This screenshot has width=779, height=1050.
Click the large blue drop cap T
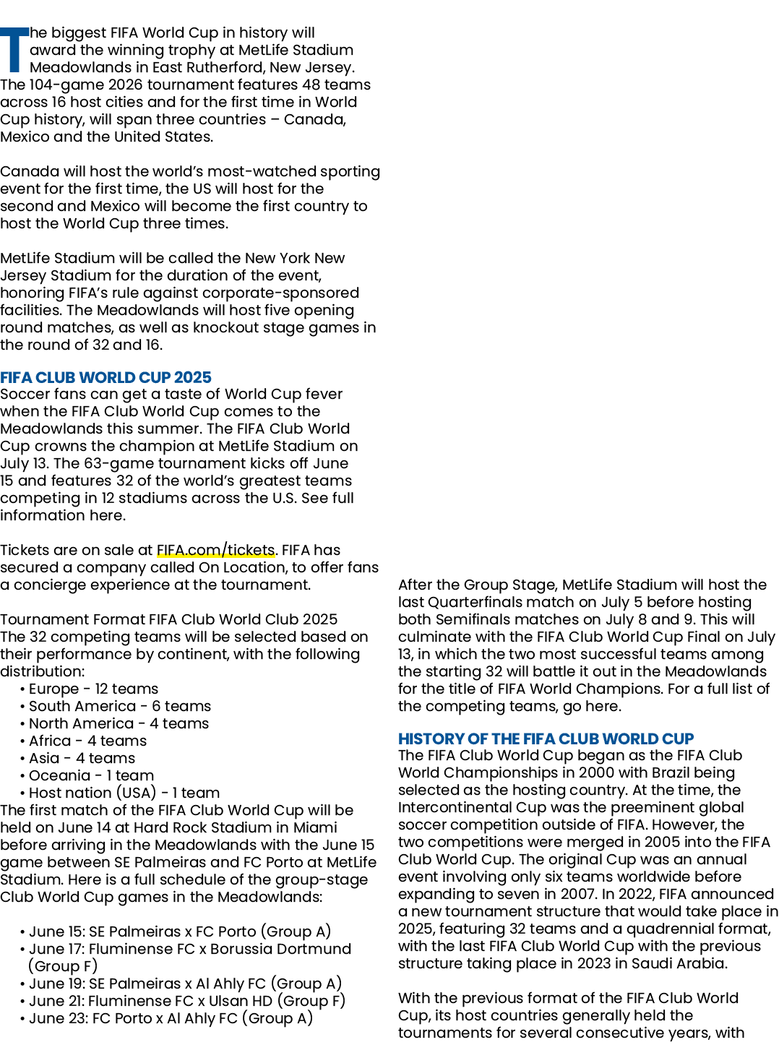click(14, 50)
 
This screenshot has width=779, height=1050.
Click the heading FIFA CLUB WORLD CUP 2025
click(106, 377)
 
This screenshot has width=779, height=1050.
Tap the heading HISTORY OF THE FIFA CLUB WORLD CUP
click(546, 739)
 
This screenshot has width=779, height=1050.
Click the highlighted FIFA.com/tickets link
click(216, 550)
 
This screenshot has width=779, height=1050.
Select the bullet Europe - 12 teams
click(93, 689)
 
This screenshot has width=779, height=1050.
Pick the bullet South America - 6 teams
click(120, 706)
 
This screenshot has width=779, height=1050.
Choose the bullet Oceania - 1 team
click(91, 775)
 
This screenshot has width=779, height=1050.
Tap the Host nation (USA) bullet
click(124, 793)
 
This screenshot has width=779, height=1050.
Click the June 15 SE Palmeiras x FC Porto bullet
click(180, 931)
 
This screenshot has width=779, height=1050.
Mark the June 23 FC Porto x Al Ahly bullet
click(171, 1018)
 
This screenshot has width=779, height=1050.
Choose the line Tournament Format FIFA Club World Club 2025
click(168, 620)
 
